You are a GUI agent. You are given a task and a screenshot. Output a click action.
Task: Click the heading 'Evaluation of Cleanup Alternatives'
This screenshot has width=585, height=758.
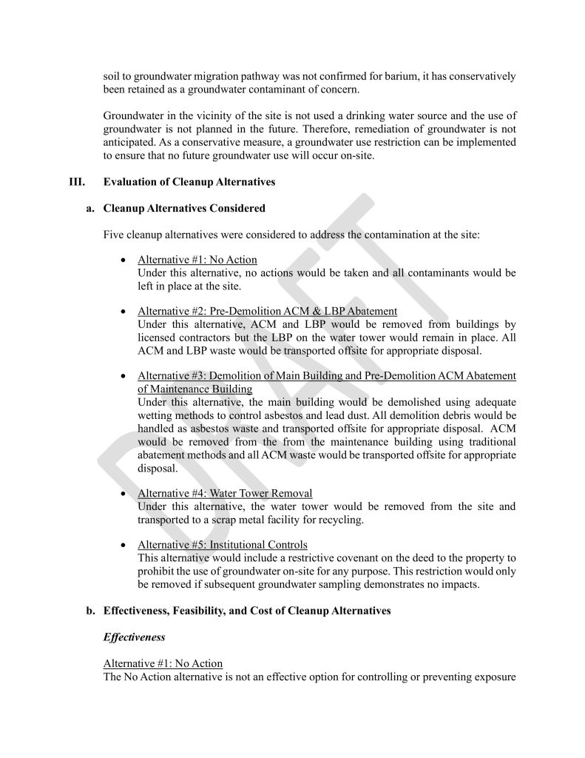tap(189, 182)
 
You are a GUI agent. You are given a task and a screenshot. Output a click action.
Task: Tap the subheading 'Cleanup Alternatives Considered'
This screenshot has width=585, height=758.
tap(184, 209)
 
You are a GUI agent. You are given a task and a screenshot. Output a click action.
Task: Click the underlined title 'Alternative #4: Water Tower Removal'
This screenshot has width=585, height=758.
tap(225, 494)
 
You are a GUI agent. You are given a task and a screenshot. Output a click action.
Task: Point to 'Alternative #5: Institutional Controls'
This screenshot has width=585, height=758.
tap(223, 545)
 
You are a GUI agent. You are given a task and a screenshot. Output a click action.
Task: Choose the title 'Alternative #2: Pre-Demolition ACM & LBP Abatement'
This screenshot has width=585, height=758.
tap(267, 311)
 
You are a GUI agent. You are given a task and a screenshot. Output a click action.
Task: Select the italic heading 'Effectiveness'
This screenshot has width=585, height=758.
tap(134, 637)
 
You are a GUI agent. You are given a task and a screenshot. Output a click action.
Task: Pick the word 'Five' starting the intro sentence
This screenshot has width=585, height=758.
tap(115, 235)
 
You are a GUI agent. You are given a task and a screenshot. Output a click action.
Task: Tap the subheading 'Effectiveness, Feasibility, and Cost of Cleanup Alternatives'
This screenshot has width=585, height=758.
tap(247, 611)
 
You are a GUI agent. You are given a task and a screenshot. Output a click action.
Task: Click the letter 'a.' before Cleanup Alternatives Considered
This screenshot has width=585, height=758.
tap(90, 209)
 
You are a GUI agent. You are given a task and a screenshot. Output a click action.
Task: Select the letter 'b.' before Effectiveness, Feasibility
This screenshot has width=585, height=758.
tap(90, 611)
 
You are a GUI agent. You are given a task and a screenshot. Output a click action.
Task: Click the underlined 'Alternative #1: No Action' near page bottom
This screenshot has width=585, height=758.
tap(163, 663)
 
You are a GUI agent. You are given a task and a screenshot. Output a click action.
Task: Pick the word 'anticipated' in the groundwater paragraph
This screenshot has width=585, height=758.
tap(132, 142)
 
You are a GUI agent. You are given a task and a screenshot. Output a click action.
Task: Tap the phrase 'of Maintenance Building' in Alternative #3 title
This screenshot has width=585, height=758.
tap(195, 389)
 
